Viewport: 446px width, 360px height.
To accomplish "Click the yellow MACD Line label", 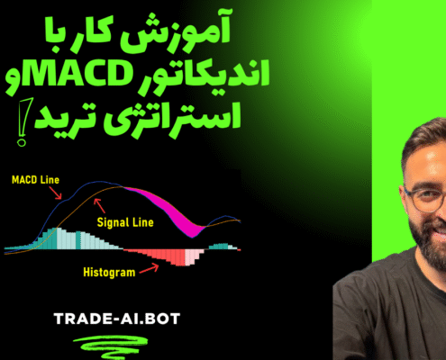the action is [x=35, y=180].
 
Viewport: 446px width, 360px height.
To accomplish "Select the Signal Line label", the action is [x=125, y=222].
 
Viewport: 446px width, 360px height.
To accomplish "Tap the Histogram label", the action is [x=109, y=273].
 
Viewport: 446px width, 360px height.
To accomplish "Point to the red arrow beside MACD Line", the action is [x=55, y=193].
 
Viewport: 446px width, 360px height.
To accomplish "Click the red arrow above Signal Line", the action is [x=99, y=205].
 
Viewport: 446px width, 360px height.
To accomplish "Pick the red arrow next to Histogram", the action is [x=150, y=268].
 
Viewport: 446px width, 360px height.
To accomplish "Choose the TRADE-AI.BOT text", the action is [x=117, y=319].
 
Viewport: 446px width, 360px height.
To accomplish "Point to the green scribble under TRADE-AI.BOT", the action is [x=111, y=346].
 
